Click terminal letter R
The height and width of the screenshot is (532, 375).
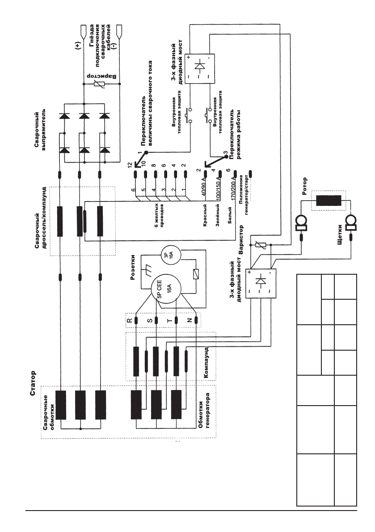click(130, 320)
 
